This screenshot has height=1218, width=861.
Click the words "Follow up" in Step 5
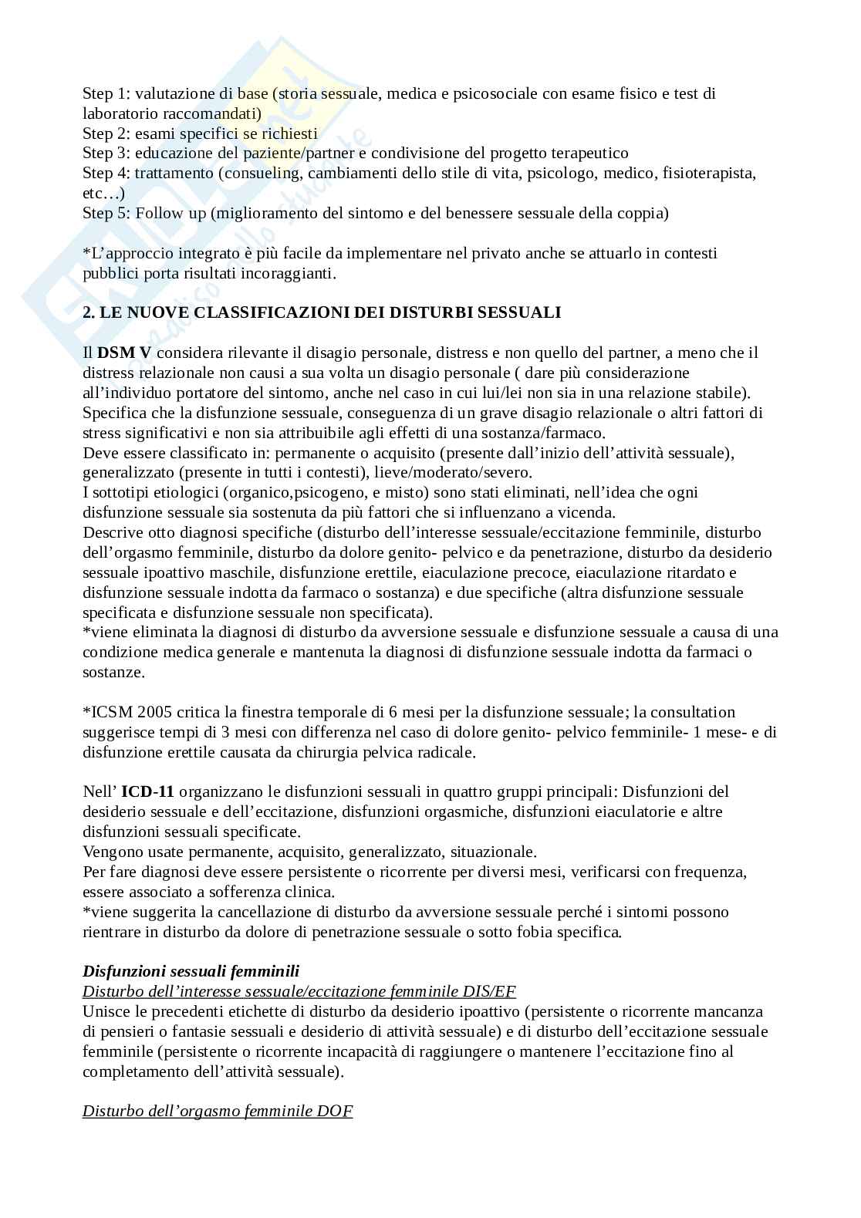pyautogui.click(x=171, y=213)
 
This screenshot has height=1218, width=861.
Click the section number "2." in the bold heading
pyautogui.click(x=88, y=312)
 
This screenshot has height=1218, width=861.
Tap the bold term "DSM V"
pyautogui.click(x=123, y=353)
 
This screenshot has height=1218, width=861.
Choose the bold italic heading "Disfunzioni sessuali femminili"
pyautogui.click(x=191, y=971)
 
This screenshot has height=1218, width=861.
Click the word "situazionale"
pyautogui.click(x=494, y=852)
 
